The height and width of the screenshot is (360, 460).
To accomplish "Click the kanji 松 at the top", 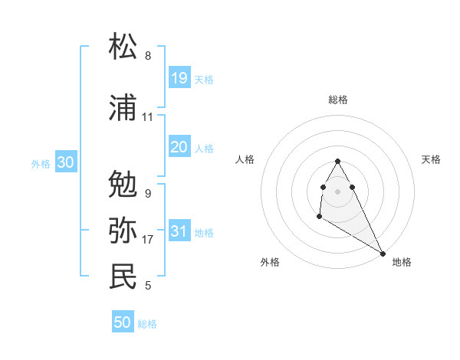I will (123, 47).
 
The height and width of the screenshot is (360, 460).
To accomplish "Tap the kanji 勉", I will (123, 184).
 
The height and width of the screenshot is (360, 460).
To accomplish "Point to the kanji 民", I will (123, 277).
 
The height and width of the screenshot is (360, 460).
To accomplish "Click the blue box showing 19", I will (179, 78).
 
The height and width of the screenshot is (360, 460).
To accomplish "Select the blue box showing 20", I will (179, 147).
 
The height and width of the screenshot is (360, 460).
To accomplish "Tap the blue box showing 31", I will (179, 231).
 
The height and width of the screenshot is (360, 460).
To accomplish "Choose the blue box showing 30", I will (65, 162).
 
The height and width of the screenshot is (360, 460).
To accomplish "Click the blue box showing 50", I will (123, 322).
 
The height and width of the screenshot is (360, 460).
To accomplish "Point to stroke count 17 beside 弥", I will (148, 240).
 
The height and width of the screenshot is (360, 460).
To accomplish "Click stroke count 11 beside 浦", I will (147, 117).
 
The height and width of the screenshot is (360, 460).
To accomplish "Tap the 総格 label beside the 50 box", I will (147, 324).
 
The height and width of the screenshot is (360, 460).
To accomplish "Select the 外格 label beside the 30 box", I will (41, 163).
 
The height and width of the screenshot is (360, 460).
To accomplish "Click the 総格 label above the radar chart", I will (337, 100).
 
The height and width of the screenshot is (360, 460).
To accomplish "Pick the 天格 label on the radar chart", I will (431, 159).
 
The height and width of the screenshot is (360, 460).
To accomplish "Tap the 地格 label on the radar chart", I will (402, 262).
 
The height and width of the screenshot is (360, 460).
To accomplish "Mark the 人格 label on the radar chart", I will (245, 159).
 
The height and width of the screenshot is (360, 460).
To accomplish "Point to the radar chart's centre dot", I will (337, 191).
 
